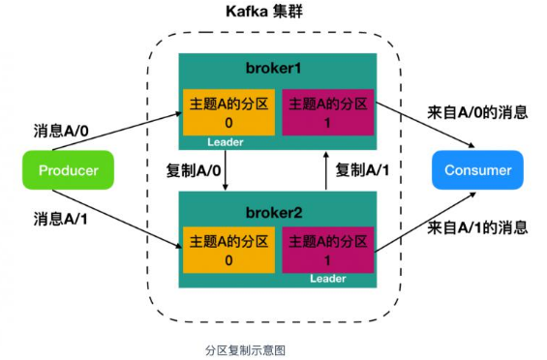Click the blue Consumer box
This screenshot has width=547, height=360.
pyautogui.click(x=477, y=171)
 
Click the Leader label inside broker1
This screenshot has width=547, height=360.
pyautogui.click(x=225, y=142)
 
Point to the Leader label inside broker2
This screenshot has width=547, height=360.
pyautogui.click(x=327, y=280)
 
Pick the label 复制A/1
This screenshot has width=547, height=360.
pyautogui.click(x=364, y=170)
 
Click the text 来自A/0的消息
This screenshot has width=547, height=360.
pyautogui.click(x=477, y=112)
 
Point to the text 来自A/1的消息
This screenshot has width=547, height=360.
pyautogui.click(x=477, y=228)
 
